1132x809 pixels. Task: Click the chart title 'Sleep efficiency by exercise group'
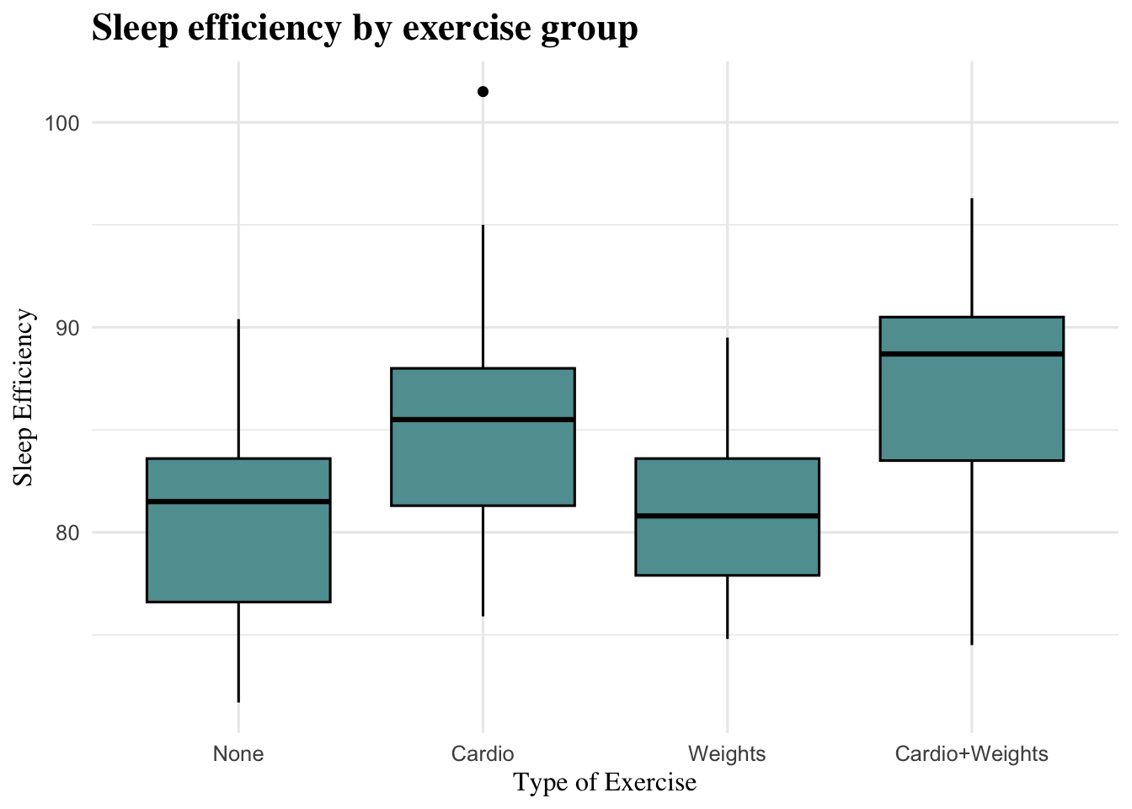pos(364,29)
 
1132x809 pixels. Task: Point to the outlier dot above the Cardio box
pos(483,91)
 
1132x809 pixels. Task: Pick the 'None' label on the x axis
pos(238,753)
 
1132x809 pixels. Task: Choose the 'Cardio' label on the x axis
pos(483,753)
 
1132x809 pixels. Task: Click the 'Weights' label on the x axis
pos(727,753)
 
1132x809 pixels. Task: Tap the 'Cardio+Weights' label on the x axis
pos(971,753)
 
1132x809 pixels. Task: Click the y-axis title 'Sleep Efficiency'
pos(24,398)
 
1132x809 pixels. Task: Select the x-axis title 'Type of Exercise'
pos(605,783)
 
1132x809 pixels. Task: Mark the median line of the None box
pos(238,501)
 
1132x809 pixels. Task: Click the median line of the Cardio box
pos(483,419)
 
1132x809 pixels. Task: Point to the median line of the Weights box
pos(727,516)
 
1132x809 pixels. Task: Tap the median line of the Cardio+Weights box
pos(971,354)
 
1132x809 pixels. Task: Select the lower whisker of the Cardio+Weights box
pos(971,552)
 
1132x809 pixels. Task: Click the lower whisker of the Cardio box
pos(483,560)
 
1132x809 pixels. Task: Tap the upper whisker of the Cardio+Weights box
pos(971,258)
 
